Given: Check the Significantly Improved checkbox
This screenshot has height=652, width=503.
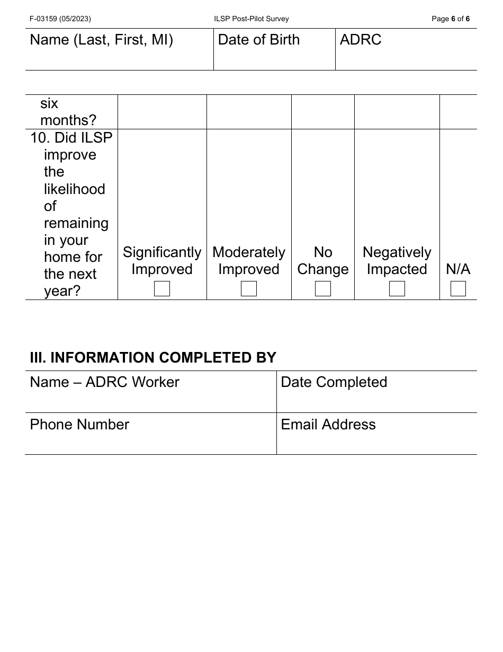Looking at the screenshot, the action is pyautogui.click(x=162, y=289).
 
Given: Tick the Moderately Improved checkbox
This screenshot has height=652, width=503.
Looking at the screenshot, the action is pyautogui.click(x=249, y=289).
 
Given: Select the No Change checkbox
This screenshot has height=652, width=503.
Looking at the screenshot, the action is pyautogui.click(x=323, y=289).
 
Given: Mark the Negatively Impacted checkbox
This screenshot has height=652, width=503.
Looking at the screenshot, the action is pyautogui.click(x=397, y=289).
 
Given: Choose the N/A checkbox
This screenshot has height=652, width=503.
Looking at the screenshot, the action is pyautogui.click(x=458, y=289).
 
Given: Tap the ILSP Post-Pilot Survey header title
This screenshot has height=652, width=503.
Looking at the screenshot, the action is pyautogui.click(x=251, y=19).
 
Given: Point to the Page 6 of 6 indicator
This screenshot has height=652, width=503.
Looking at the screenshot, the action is pyautogui.click(x=451, y=19).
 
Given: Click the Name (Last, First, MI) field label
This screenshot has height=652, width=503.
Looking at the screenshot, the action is pyautogui.click(x=102, y=40).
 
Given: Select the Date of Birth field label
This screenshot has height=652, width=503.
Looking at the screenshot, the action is pyautogui.click(x=259, y=40).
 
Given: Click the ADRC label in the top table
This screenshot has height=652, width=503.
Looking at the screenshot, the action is pyautogui.click(x=361, y=40).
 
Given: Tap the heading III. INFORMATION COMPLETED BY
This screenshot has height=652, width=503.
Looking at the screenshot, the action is pyautogui.click(x=153, y=358).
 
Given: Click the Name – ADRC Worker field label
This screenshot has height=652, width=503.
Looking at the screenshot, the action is pyautogui.click(x=105, y=382).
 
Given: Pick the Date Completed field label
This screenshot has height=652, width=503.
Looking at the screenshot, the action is pyautogui.click(x=334, y=382).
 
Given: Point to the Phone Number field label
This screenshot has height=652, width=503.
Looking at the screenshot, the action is pyautogui.click(x=79, y=425).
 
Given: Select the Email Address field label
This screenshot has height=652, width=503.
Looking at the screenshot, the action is pyautogui.click(x=328, y=425).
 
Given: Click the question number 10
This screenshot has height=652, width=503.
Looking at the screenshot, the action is pyautogui.click(x=40, y=138).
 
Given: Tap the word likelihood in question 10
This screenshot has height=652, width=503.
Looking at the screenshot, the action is pyautogui.click(x=75, y=189).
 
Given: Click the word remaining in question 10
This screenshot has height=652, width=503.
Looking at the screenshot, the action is pyautogui.click(x=76, y=223).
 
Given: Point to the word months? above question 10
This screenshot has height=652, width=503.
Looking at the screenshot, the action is pyautogui.click(x=68, y=120).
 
